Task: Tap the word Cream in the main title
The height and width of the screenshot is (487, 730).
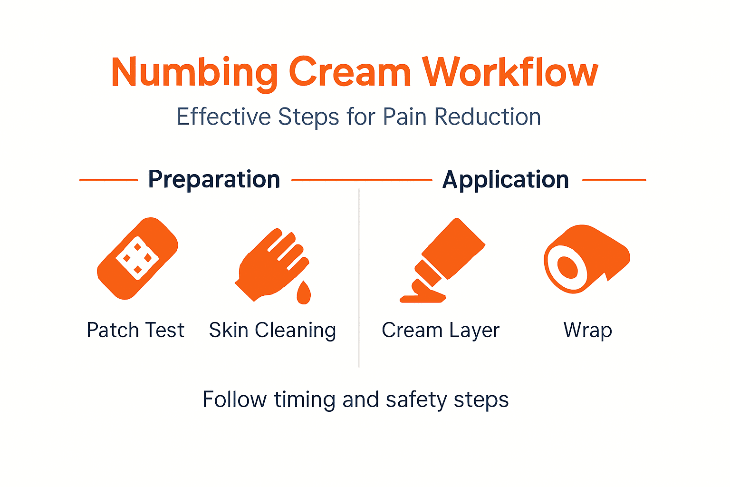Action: point(350,73)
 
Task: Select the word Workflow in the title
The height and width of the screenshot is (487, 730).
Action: point(510,73)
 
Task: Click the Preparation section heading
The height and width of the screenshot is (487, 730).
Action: point(214,180)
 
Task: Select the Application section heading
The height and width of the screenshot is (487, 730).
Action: point(506,180)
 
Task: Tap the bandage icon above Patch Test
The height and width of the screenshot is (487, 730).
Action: point(137,258)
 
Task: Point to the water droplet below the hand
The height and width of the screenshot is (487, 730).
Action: point(303,293)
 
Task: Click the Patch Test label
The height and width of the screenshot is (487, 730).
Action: point(135,330)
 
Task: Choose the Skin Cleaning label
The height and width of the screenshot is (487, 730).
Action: point(272,330)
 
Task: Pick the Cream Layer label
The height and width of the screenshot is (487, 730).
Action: point(441,330)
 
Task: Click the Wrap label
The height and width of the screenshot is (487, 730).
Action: point(588,330)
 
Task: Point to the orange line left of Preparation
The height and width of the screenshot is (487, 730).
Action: point(108,180)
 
